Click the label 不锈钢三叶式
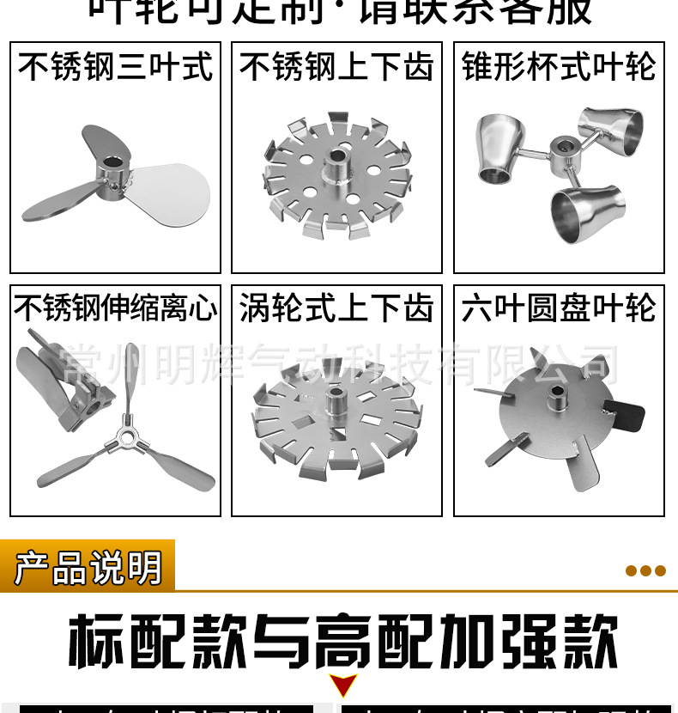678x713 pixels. [x=115, y=67]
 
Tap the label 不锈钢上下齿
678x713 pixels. [x=336, y=67]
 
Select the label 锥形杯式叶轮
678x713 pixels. [x=559, y=67]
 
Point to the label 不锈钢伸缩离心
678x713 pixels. [x=115, y=308]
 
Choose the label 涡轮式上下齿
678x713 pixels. [x=336, y=308]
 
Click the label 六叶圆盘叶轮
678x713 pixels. [x=559, y=308]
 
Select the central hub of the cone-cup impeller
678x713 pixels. [x=563, y=152]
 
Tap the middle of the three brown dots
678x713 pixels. [x=645, y=571]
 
